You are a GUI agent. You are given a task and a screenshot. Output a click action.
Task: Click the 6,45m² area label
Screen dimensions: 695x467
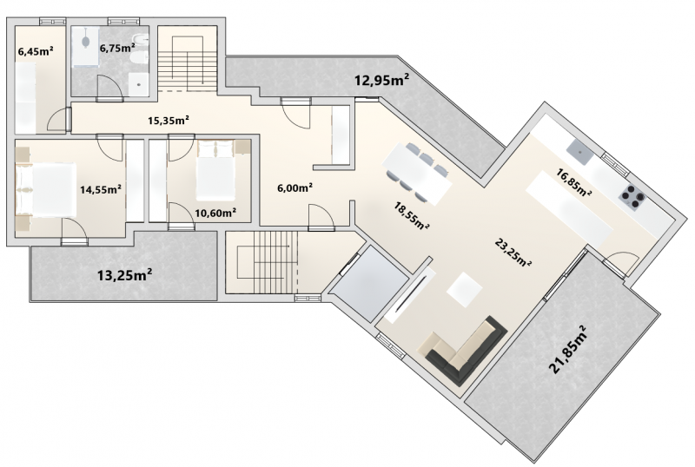pos(36,51)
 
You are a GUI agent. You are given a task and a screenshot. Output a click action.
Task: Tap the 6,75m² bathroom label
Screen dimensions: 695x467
pos(117,48)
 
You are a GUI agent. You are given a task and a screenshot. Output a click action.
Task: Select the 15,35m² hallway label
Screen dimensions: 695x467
pos(169,120)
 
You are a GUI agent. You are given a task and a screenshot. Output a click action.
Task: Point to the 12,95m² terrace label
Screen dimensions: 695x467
pos(381,80)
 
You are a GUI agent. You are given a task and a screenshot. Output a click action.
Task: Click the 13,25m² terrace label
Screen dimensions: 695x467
pos(124,275)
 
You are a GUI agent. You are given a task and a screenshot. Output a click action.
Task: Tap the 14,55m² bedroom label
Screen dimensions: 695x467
pos(101,189)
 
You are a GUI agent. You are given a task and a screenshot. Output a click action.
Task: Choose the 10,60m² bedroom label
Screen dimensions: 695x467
pos(215,214)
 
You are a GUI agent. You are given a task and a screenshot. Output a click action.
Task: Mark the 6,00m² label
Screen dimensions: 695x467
pos(295,187)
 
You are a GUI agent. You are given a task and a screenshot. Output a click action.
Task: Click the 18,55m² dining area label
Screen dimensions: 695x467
pos(412,215)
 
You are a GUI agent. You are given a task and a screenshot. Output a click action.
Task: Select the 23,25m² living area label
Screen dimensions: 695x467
pos(513,253)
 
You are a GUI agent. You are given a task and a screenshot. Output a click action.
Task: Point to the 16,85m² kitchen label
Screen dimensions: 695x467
pos(574,182)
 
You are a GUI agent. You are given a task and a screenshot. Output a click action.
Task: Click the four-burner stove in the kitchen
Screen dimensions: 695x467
pos(632,197)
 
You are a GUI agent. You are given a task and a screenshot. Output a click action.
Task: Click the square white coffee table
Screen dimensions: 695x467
pos(465,290)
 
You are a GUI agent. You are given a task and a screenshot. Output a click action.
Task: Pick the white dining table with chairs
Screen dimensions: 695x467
pos(419,173)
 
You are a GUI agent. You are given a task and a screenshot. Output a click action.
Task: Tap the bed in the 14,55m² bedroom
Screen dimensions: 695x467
pos(46,189)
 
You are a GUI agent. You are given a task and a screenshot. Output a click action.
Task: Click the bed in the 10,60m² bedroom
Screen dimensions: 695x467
pos(215,171)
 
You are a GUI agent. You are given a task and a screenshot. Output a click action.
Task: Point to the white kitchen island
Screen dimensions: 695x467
pos(569,209)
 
